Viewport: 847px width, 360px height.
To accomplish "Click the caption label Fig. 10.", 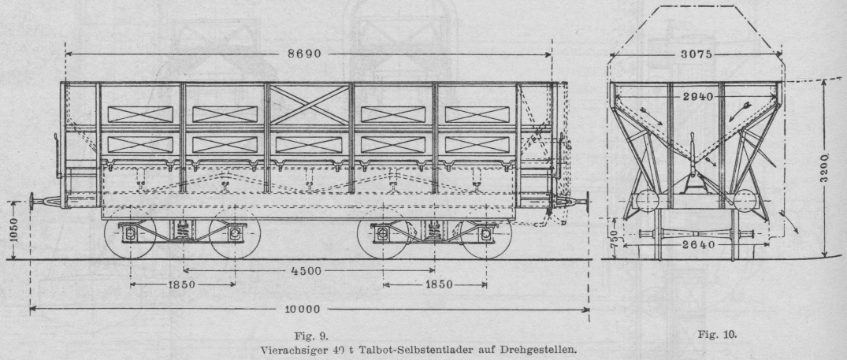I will [716, 335].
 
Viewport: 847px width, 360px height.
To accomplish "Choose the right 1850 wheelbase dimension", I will [434, 284].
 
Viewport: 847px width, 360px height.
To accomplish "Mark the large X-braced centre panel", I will [308, 104].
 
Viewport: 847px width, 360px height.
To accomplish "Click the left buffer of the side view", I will [32, 200].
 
